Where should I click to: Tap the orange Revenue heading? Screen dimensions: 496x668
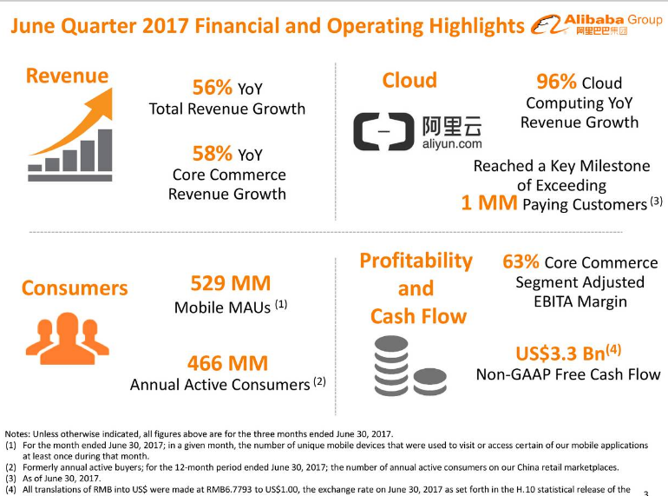coord(67,76)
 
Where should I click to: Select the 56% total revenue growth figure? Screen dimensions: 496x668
coord(212,87)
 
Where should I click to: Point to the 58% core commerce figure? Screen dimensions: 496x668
coord(212,154)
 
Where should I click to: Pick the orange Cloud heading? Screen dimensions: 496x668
coord(409,81)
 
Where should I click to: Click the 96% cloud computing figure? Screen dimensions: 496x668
coord(557,83)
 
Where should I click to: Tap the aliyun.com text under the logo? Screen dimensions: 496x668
coord(452,143)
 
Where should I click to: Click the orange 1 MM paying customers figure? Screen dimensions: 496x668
coord(489,203)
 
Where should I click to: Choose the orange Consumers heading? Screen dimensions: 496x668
coord(75,288)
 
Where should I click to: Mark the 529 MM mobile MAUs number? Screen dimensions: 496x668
coord(230,283)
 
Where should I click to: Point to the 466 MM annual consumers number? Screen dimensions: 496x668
coord(227,362)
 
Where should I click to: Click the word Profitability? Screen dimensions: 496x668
coord(416,261)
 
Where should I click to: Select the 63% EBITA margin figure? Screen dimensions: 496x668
coord(521,261)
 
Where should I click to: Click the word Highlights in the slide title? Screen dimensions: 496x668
coord(468,25)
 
